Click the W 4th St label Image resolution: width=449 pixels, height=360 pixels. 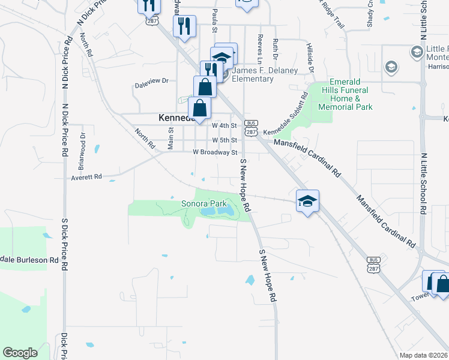(225, 126)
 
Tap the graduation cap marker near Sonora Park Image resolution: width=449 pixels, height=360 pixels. (307, 201)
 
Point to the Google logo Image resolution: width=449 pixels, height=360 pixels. (20, 353)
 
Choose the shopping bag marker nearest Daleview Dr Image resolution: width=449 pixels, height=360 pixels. (205, 86)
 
